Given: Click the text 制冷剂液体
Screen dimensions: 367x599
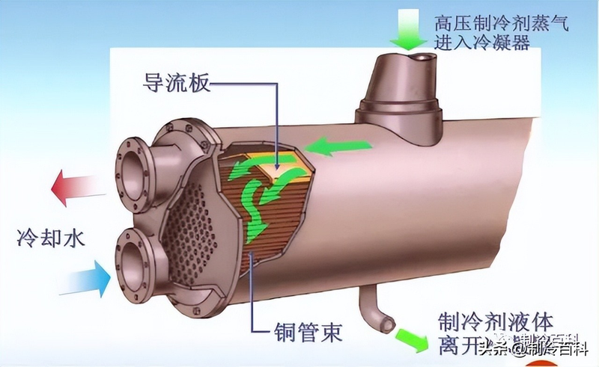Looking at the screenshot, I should (495, 324).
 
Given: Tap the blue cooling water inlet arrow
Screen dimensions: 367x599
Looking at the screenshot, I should (82, 278).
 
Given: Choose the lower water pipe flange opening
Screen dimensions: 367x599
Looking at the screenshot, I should (136, 259).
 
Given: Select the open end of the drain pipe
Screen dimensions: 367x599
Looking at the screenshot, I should (387, 324).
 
